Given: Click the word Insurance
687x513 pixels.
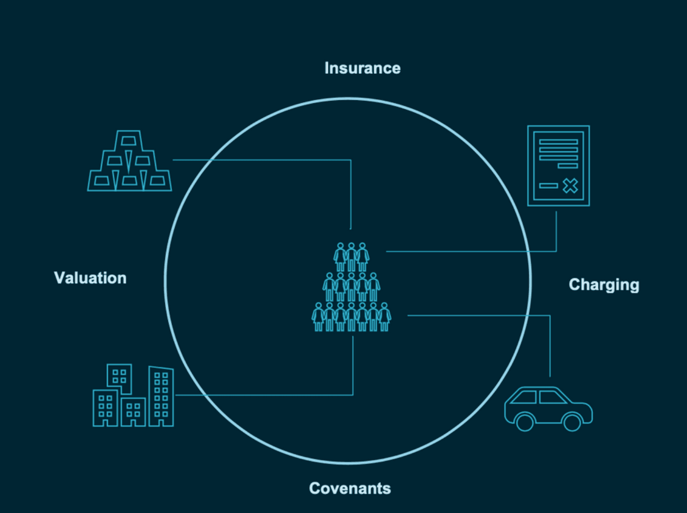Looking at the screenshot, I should pos(362,68).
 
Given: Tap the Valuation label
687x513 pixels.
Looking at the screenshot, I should pos(90,278).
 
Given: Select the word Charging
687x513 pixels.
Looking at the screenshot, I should pos(604,285).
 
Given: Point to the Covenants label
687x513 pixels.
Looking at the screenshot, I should pos(350,488).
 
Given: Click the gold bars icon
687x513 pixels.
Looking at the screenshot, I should pos(130,161).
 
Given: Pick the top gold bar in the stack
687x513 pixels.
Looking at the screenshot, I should pos(128,140).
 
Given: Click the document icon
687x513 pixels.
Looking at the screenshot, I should pos(558,165).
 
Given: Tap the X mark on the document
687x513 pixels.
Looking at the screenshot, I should pos(570,186).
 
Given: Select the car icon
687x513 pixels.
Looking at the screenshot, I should pos(548,408).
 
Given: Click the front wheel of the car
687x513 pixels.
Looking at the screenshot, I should pos(572,422).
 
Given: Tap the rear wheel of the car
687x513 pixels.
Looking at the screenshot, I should pos(525,422).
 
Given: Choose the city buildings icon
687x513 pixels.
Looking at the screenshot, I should pos(133,396).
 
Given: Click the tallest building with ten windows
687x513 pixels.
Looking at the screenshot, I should pos(161,397).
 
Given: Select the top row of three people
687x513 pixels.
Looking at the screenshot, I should pos(352,256).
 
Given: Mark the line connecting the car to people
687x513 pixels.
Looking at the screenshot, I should pos(481,316).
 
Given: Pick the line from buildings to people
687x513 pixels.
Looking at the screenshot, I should pos(263,395).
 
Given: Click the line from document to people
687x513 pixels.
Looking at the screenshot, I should pos(470,251).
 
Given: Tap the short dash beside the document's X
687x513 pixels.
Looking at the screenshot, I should pos(548,186).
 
